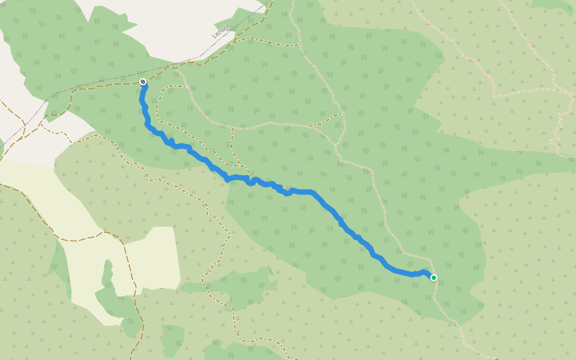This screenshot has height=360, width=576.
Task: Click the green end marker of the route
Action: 434,278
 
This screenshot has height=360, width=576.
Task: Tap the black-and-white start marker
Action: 143,82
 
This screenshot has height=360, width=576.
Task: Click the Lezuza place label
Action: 221,31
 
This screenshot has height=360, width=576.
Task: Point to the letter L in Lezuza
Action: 214,36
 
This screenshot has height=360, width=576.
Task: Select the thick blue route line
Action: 324,204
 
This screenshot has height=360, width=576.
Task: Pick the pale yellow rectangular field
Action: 153,258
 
